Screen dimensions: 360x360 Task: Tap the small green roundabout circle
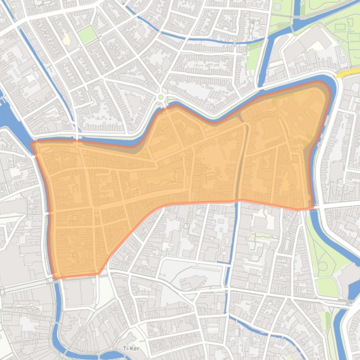(x=161, y=97)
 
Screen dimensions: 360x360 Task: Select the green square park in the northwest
(x=86, y=35)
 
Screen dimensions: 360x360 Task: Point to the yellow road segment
(x=348, y=73)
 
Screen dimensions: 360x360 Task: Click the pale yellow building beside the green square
(x=67, y=40)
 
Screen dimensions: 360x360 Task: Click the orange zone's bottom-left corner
(x=55, y=279)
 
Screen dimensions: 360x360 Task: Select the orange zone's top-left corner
(x=32, y=143)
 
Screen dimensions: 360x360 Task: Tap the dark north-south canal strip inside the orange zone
(x=241, y=168)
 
